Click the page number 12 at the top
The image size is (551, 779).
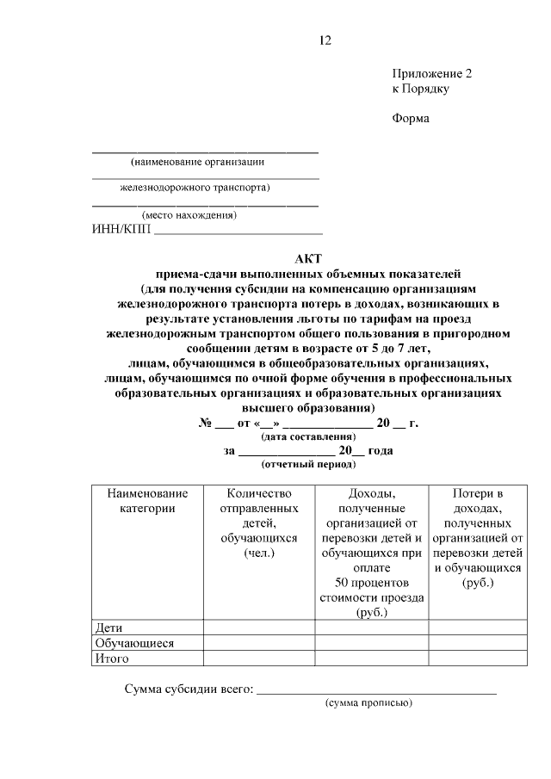325,40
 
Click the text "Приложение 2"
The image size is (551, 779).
432,74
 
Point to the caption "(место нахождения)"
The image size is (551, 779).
189,215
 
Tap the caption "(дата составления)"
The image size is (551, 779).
308,436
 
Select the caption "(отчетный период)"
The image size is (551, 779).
308,464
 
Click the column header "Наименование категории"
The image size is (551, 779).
147,501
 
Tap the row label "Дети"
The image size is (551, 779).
109,628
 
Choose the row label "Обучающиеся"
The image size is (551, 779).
135,643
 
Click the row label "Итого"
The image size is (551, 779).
113,658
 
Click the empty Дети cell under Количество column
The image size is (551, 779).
259,628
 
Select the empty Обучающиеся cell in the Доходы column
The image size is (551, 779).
372,643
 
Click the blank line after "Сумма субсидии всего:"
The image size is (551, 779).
376,689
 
